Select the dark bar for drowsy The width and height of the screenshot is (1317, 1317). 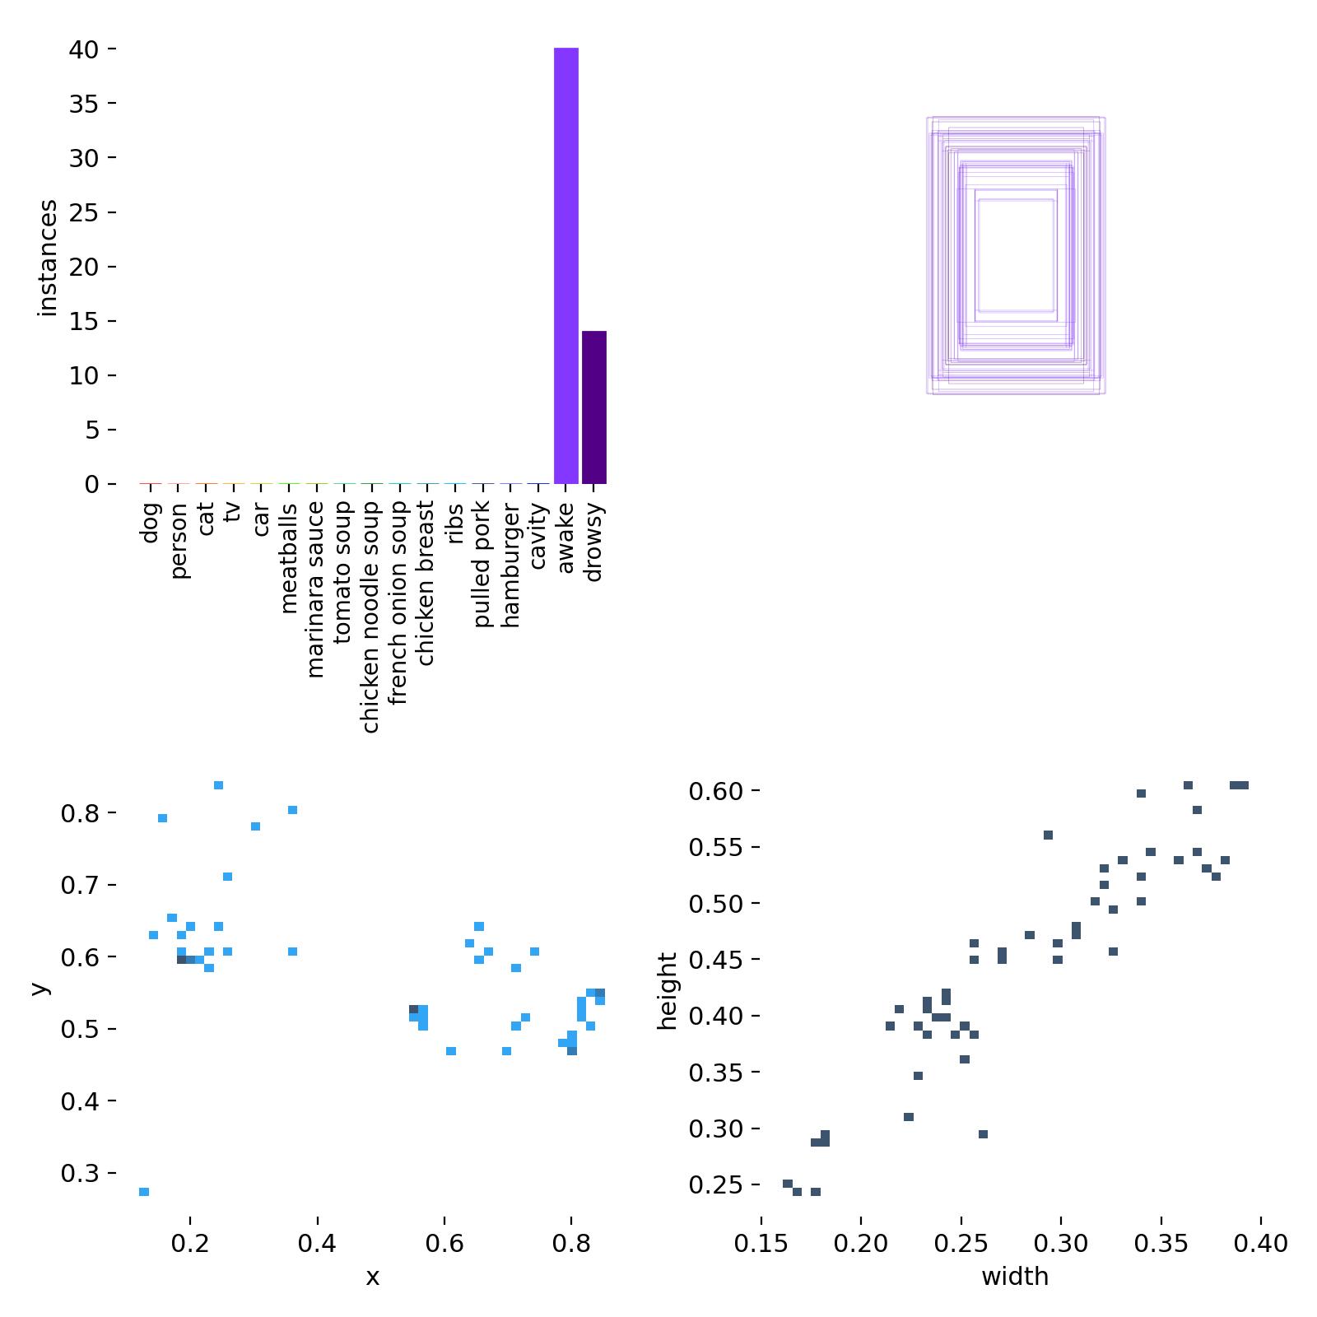(593, 407)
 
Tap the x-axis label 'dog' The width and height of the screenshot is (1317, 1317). (149, 524)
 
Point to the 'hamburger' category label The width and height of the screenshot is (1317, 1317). (510, 568)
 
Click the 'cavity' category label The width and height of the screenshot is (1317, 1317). (538, 537)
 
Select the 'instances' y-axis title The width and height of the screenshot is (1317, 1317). (48, 258)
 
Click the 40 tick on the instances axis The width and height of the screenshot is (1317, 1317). (84, 49)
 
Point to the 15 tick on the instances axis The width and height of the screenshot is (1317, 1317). (84, 321)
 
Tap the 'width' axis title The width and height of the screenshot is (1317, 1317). (1015, 1277)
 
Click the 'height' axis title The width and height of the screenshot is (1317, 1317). (667, 991)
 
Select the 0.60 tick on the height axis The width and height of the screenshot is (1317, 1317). (717, 791)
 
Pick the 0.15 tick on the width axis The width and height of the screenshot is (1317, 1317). (761, 1242)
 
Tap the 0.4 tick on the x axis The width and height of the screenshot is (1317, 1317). (317, 1242)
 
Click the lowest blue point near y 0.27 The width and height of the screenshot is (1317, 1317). (144, 1192)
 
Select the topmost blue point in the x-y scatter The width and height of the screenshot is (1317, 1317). (218, 785)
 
